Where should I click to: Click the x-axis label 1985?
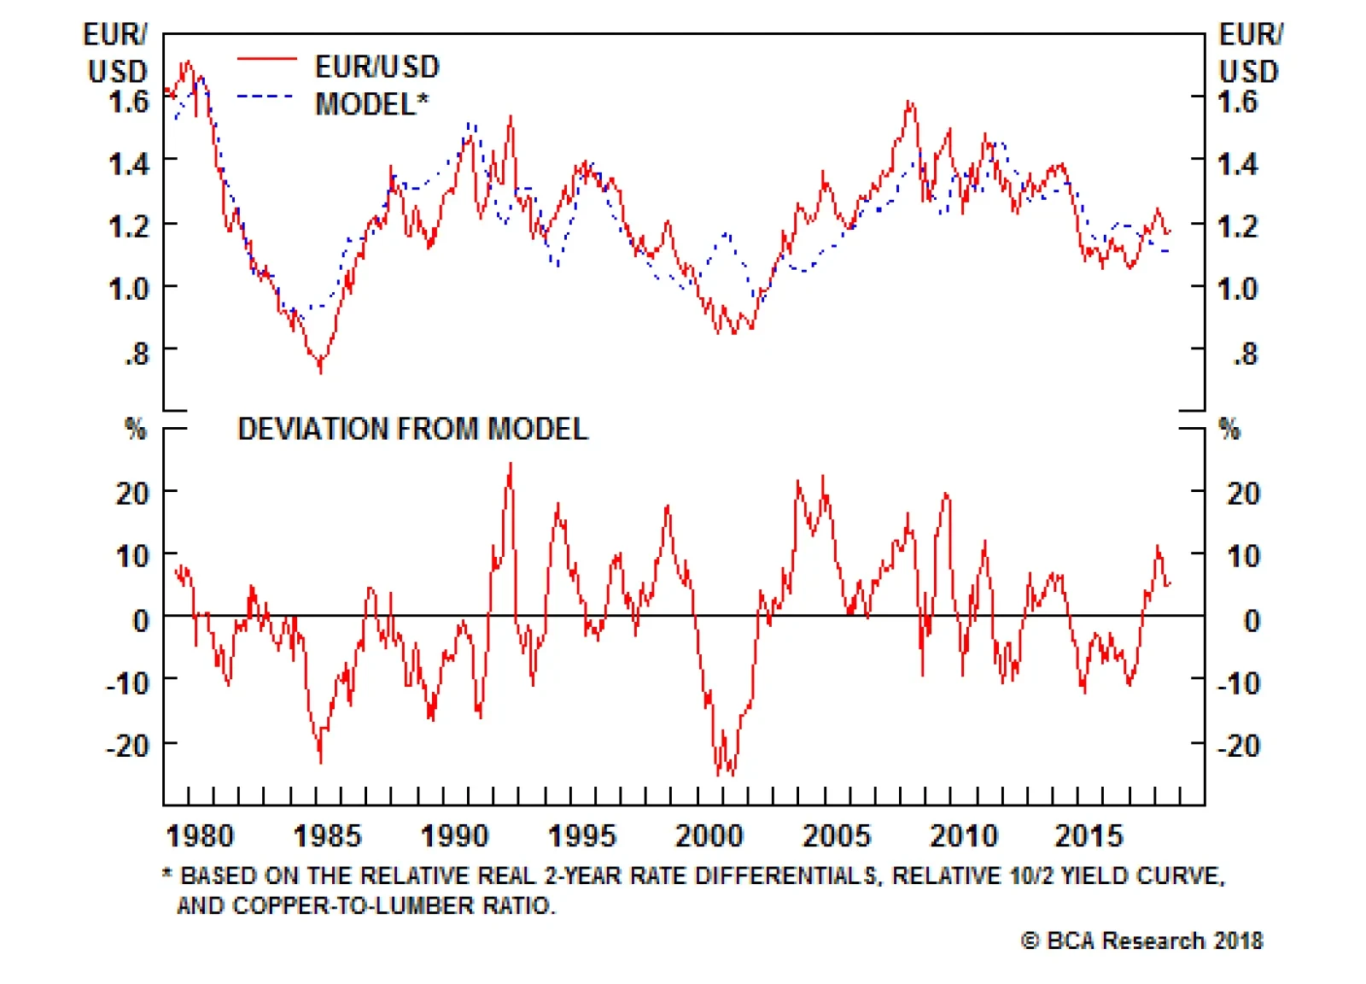pyautogui.click(x=327, y=835)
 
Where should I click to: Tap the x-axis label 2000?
pyautogui.click(x=709, y=835)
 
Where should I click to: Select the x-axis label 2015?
pyautogui.click(x=1089, y=835)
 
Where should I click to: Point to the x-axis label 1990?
pyautogui.click(x=454, y=835)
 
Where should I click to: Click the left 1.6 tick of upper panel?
pyautogui.click(x=129, y=102)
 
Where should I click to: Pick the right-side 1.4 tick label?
pyautogui.click(x=1237, y=163)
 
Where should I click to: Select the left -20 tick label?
pyautogui.click(x=128, y=746)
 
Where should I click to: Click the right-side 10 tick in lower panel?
pyautogui.click(x=1243, y=556)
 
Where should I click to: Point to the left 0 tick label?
pyautogui.click(x=141, y=620)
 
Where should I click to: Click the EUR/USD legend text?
pyautogui.click(x=377, y=67)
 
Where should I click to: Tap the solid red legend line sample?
pyautogui.click(x=266, y=59)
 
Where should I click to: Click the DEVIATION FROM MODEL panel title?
pyautogui.click(x=412, y=429)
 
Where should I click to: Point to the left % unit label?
pyautogui.click(x=135, y=428)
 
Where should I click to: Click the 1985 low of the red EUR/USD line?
pyautogui.click(x=320, y=369)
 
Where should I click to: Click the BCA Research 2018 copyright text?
pyautogui.click(x=1142, y=940)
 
